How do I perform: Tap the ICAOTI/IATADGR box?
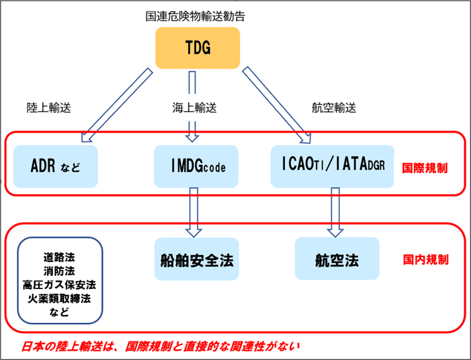click(333, 164)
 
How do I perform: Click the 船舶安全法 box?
click(197, 259)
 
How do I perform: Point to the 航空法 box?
click(337, 259)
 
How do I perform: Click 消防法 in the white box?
click(59, 270)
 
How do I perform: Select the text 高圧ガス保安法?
click(59, 284)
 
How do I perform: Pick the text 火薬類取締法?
click(59, 298)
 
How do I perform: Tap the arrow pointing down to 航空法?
click(335, 211)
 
